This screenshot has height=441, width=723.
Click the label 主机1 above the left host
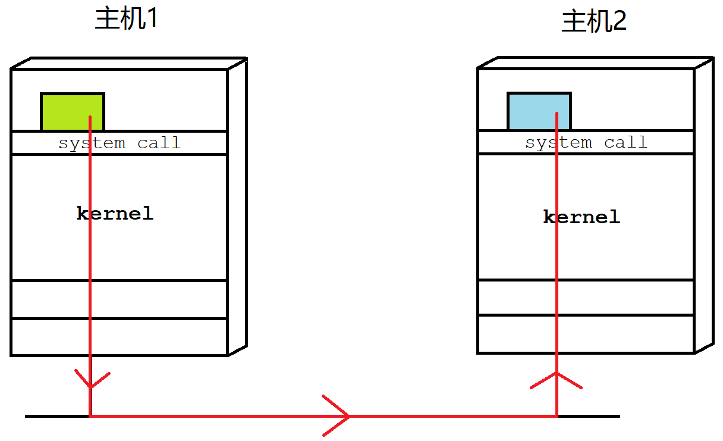[x=126, y=18]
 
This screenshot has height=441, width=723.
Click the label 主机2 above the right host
[x=594, y=21]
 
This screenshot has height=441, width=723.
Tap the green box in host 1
[x=73, y=112]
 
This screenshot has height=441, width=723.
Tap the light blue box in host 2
[x=539, y=111]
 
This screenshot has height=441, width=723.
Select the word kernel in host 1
[x=115, y=213]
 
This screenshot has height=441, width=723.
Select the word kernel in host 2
[x=581, y=217]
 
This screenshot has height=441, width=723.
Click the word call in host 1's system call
[x=159, y=142]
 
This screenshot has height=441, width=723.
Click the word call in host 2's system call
[x=625, y=142]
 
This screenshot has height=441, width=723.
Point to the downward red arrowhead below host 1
[x=92, y=379]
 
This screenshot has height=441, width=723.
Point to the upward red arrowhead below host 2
[x=557, y=380]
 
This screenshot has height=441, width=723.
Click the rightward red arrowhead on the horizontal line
[x=337, y=416]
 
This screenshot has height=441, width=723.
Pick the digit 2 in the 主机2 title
[x=618, y=21]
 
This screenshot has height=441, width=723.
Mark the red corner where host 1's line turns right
[x=90, y=416]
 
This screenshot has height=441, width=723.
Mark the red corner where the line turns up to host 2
[x=557, y=416]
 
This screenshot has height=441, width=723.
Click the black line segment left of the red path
[x=57, y=416]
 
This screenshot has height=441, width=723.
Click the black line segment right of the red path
[x=589, y=416]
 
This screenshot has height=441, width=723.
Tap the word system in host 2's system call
[x=559, y=143]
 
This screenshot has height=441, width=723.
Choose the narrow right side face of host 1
[x=238, y=207]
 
